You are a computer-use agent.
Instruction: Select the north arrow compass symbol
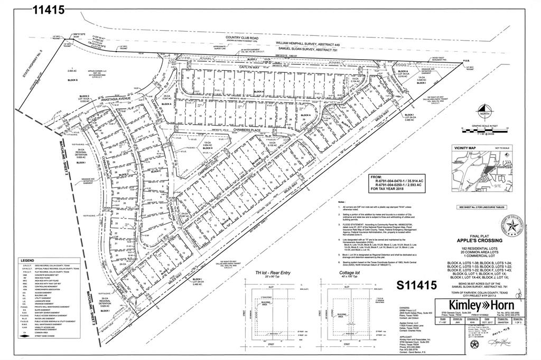(x=484, y=112)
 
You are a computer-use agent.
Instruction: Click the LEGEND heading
(x=27, y=261)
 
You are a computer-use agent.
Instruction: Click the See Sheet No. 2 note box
(x=481, y=207)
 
